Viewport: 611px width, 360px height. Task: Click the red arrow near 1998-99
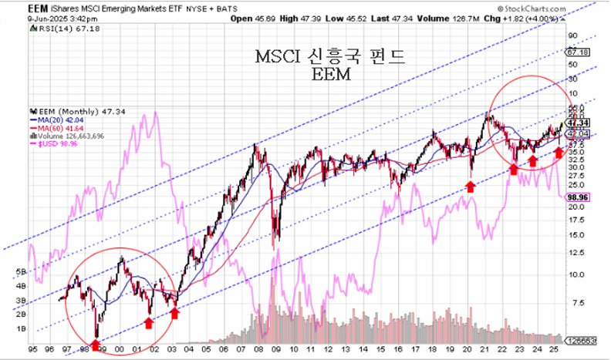(x=96, y=343)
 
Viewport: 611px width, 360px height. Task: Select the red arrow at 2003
(x=175, y=313)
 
